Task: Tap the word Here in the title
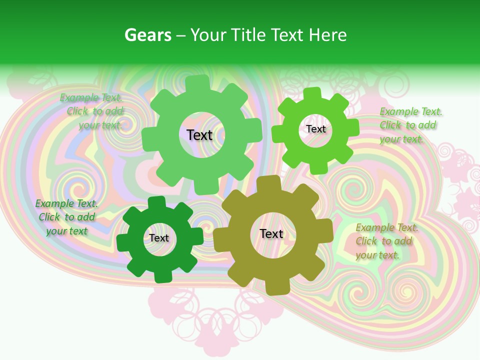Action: tap(327, 35)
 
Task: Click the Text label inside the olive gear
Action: tap(271, 234)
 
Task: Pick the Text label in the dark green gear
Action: tap(159, 238)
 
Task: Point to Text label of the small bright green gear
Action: tap(316, 129)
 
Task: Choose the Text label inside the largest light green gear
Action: tap(199, 135)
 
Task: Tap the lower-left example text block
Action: tap(66, 217)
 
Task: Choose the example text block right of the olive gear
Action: tap(386, 241)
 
